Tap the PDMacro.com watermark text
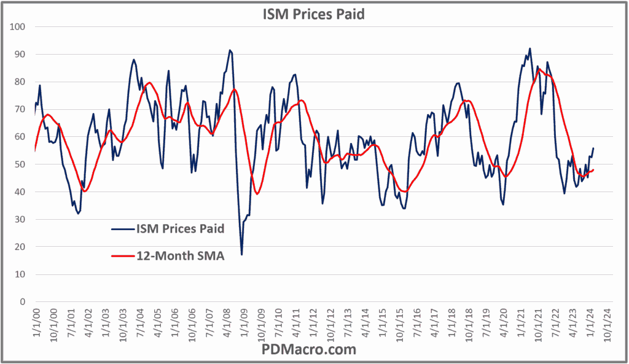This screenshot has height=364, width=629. (314, 350)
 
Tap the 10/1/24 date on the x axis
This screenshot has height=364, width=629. (608, 322)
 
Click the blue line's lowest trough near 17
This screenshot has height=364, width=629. (241, 254)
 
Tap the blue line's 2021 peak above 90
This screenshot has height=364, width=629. (529, 48)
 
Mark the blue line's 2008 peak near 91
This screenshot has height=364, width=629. (230, 50)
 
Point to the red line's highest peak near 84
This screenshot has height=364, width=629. (539, 70)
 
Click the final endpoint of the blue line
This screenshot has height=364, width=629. (593, 148)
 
